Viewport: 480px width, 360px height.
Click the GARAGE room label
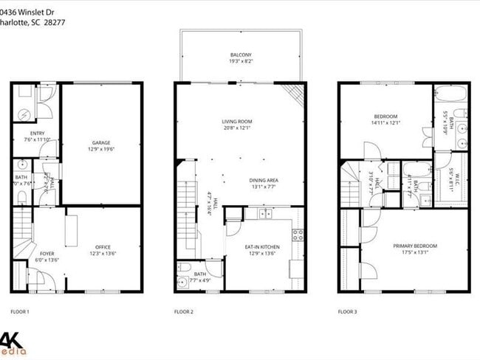tap(102, 142)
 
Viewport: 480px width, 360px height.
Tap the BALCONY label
tap(240, 55)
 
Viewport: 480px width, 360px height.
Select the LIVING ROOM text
tap(237, 122)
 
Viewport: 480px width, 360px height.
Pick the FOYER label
tap(47, 253)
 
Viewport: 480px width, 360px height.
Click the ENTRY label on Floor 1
tap(38, 133)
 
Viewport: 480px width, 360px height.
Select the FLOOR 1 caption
tap(20, 312)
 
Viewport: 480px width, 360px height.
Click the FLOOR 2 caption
tap(183, 312)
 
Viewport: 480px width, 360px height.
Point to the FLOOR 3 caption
tap(347, 312)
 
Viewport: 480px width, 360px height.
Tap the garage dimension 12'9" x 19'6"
tap(102, 149)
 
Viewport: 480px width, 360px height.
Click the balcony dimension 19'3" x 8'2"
tap(240, 61)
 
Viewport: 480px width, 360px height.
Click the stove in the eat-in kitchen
tap(298, 235)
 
